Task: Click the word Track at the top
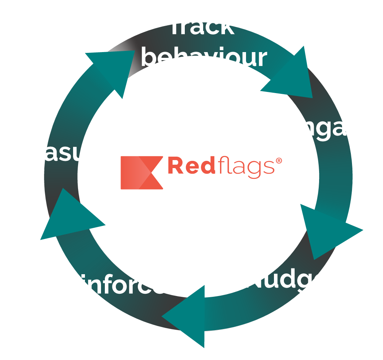click(x=202, y=26)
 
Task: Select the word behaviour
click(x=204, y=57)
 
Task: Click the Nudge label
click(x=286, y=278)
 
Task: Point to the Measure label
click(x=60, y=152)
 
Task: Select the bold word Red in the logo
click(x=186, y=166)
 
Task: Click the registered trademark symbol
click(x=279, y=161)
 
